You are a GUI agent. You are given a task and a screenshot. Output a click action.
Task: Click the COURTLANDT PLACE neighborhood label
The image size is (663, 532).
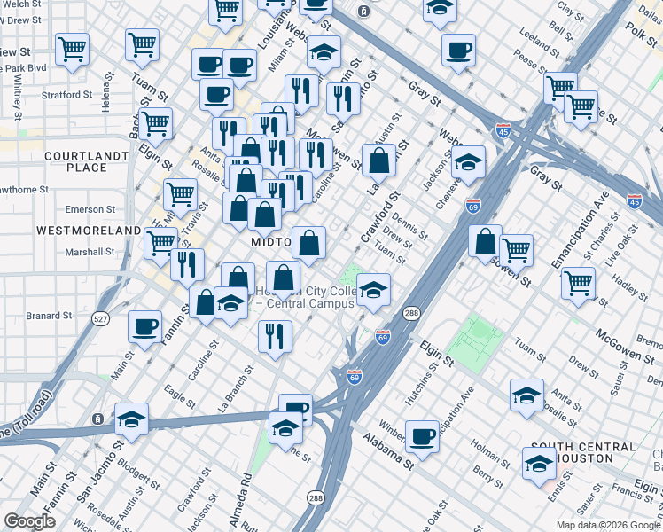75,161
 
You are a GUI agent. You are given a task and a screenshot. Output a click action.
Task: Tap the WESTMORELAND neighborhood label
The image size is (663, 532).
88,231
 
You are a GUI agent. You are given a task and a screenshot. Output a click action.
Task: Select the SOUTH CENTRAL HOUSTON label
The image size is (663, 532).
582,452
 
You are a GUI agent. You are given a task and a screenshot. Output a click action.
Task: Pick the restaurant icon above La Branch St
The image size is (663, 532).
275,336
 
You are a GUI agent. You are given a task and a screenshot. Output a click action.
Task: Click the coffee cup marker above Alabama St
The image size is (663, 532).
423,435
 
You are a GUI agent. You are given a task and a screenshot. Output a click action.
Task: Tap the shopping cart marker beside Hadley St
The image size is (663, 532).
578,284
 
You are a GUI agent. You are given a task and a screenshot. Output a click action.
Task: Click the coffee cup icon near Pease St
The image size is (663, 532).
458,50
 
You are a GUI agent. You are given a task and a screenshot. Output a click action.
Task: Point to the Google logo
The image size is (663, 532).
30,521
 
